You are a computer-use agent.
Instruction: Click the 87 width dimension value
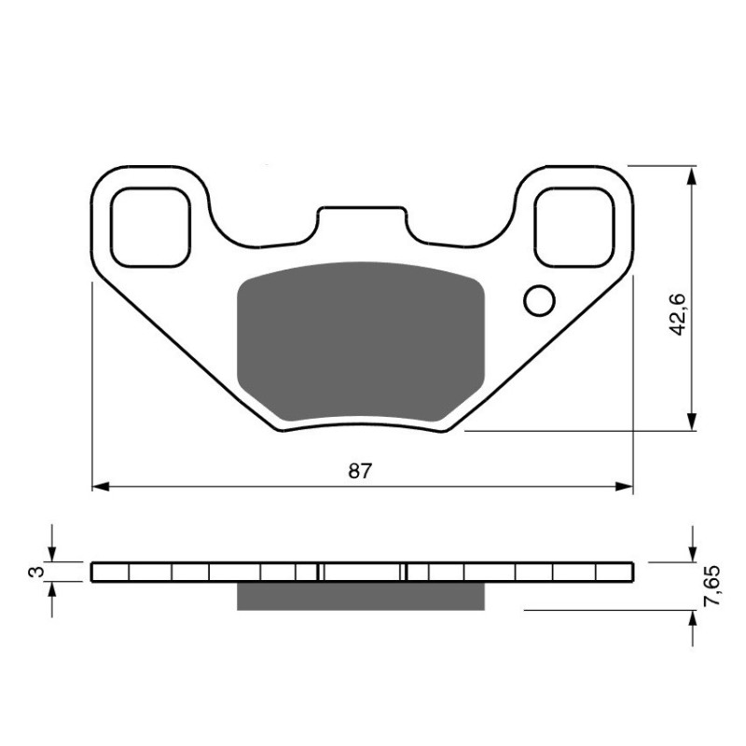361,471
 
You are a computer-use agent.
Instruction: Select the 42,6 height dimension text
678,313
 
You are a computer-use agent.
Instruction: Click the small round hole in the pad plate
538,299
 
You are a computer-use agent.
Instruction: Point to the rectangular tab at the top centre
362,221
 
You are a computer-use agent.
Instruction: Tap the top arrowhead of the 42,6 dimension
691,175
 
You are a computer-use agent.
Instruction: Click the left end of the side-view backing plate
95,572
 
